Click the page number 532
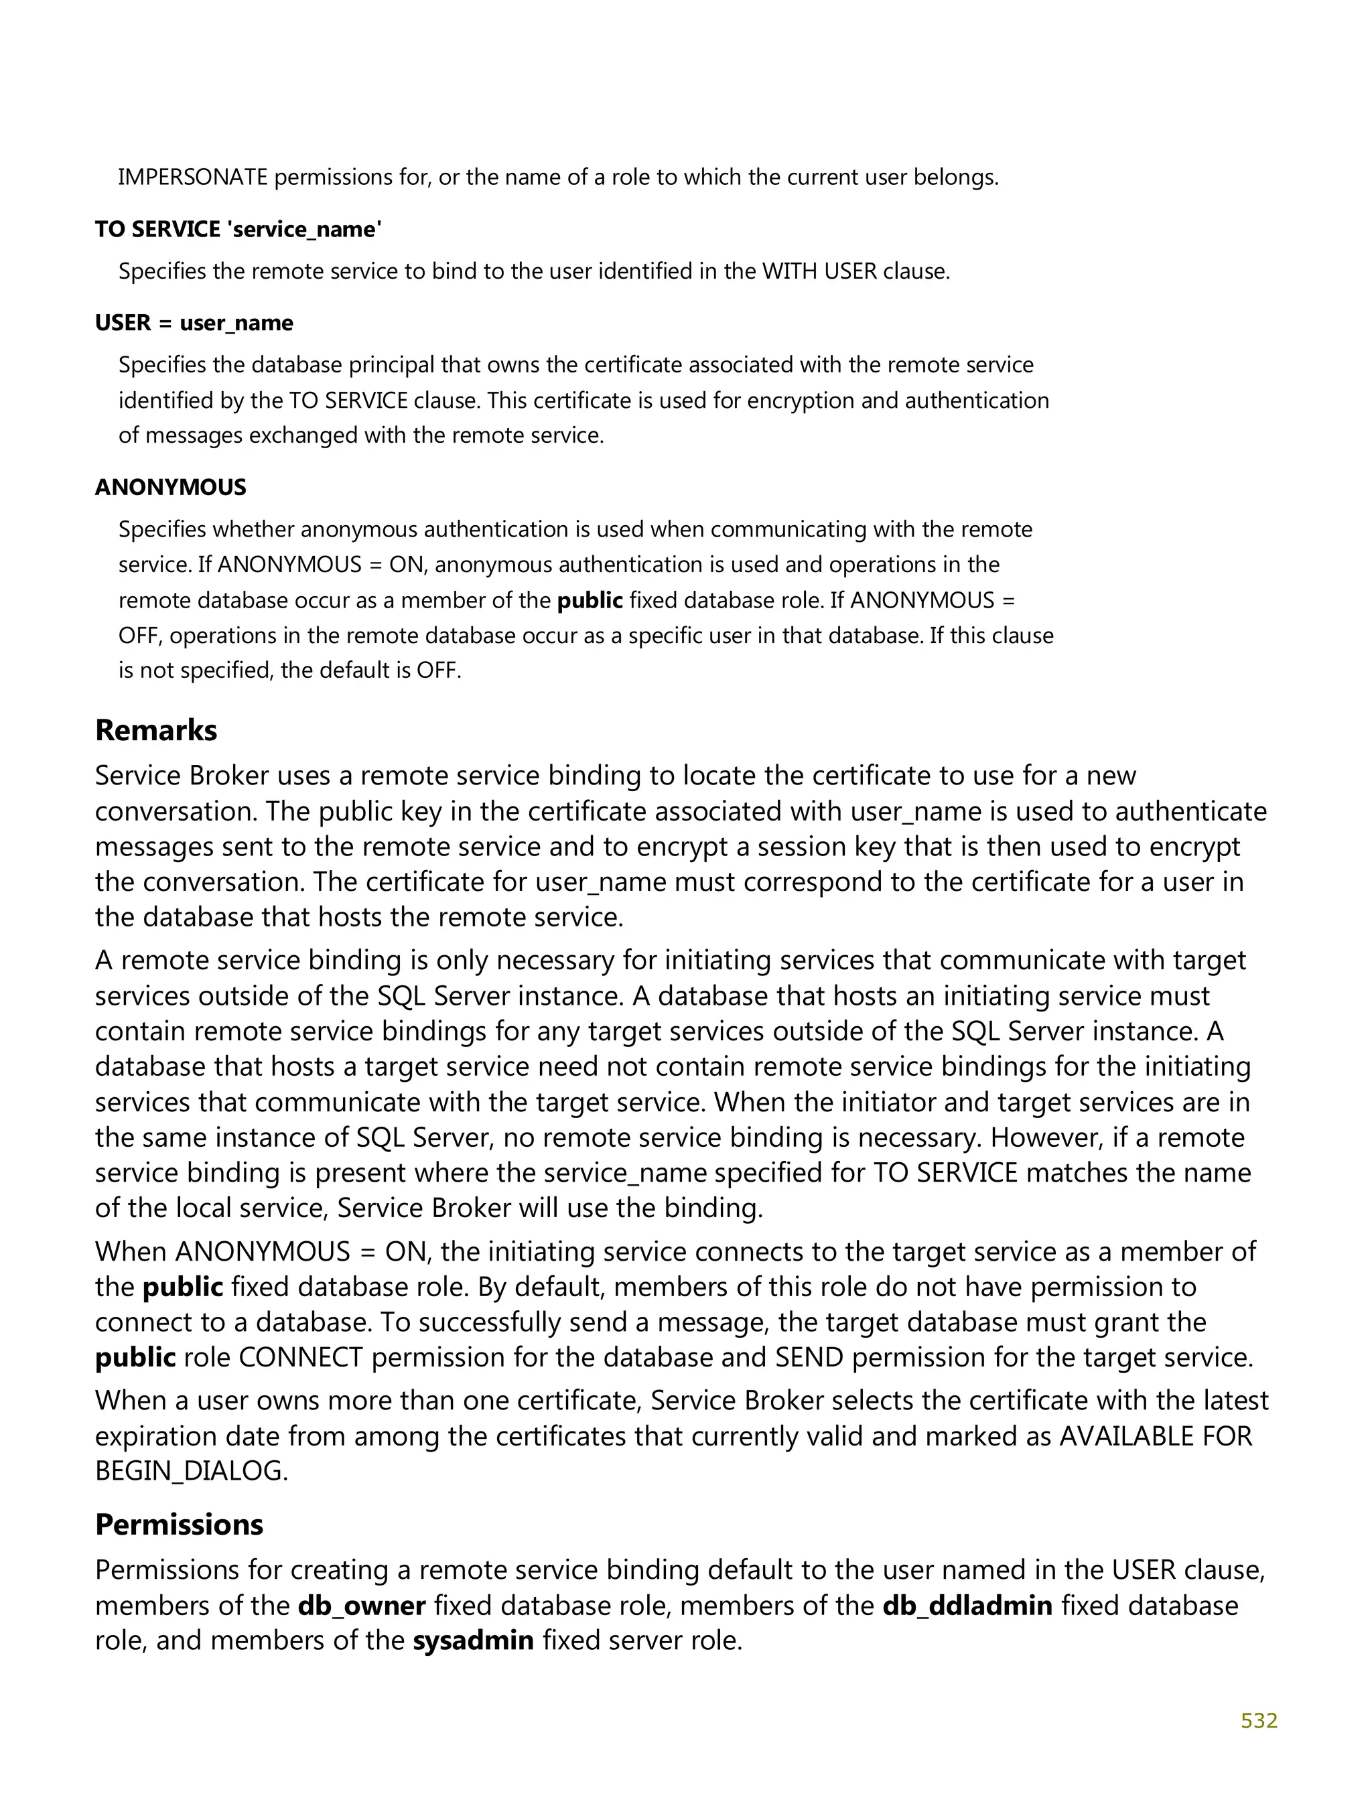click(x=1257, y=1720)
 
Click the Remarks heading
click(x=155, y=730)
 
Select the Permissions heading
click(x=179, y=1524)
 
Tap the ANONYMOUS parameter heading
click(x=170, y=487)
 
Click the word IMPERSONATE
click(x=192, y=177)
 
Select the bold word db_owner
click(x=361, y=1605)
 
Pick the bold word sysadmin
click(x=473, y=1640)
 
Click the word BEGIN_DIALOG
click(x=191, y=1470)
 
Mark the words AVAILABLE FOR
click(x=1155, y=1436)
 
